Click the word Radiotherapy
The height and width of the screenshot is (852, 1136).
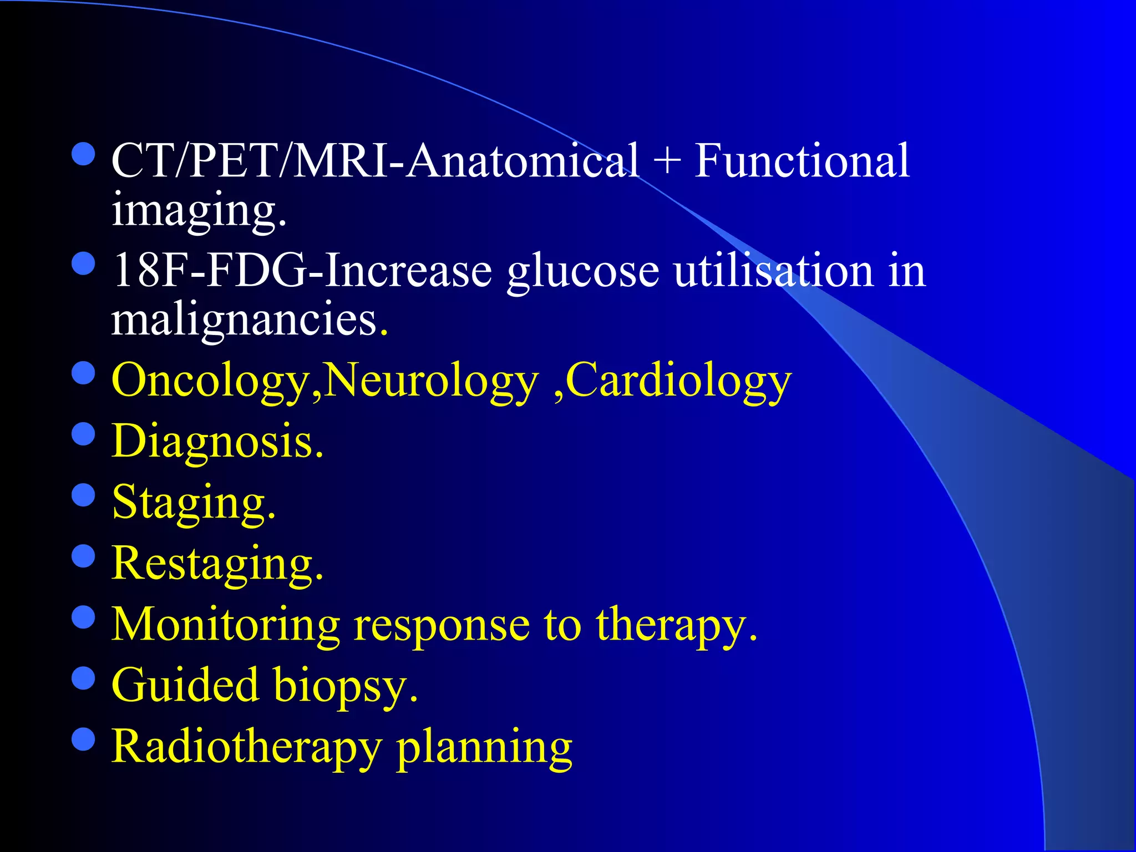pos(247,747)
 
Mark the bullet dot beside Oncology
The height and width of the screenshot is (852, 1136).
pos(84,373)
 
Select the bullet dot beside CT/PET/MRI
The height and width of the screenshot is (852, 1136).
pos(84,154)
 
